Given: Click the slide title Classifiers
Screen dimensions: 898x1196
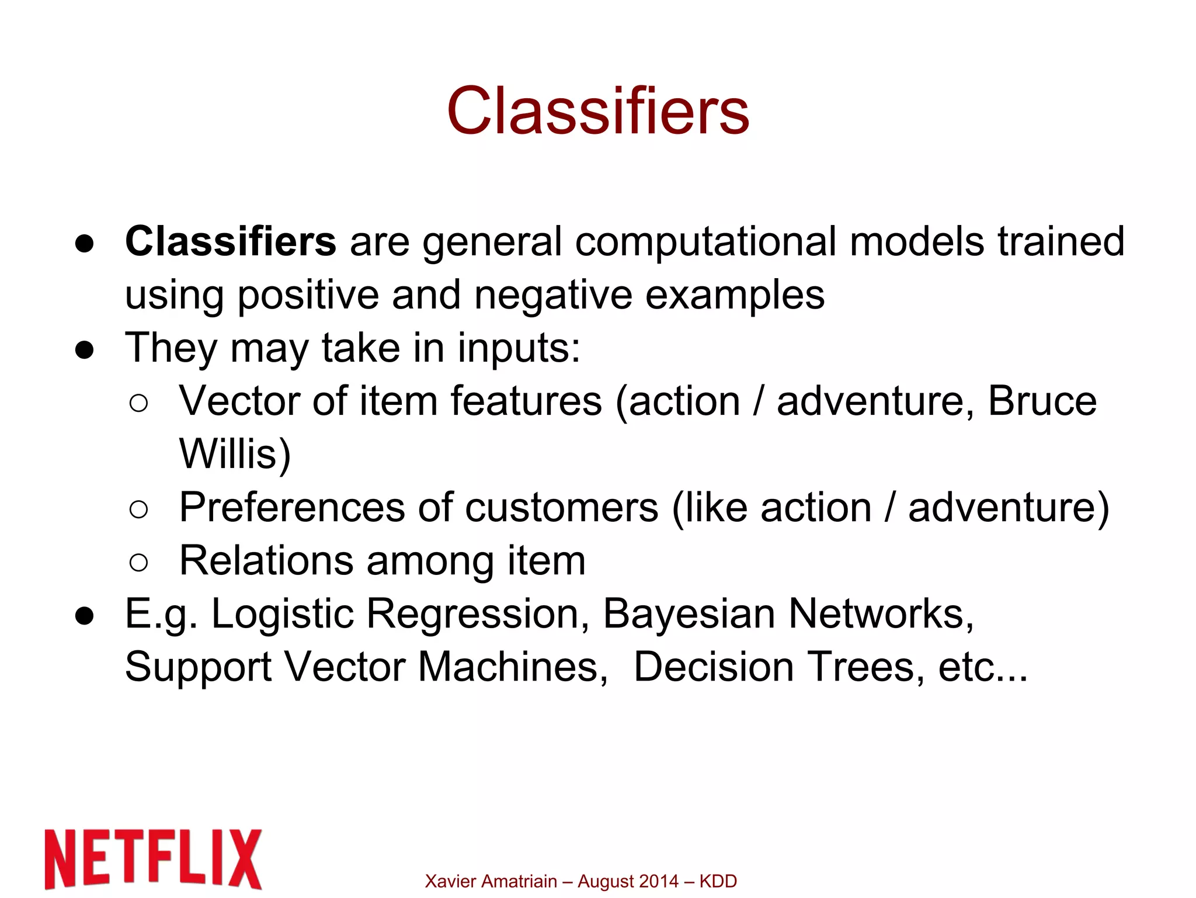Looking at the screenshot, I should point(598,111).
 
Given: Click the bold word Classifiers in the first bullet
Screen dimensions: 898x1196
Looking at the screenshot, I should point(231,241).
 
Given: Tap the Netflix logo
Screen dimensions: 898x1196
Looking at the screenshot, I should point(153,858).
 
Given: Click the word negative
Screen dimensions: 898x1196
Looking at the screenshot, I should point(553,294).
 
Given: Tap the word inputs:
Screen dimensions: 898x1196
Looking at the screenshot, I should point(519,348).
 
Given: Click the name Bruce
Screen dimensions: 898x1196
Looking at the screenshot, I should point(1042,401).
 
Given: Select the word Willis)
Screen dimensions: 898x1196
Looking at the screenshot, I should point(235,454).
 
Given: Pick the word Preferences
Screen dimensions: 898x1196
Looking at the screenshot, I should point(291,507).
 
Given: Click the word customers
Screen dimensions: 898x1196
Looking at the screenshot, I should point(562,507).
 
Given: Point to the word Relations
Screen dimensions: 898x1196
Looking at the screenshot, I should point(266,560).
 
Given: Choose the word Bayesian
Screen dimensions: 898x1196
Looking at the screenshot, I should point(689,614).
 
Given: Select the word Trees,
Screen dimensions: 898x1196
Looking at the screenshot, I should point(866,667).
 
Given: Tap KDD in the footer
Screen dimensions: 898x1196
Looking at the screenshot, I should point(718,881).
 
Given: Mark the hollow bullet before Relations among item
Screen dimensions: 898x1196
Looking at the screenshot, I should point(139,562).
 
